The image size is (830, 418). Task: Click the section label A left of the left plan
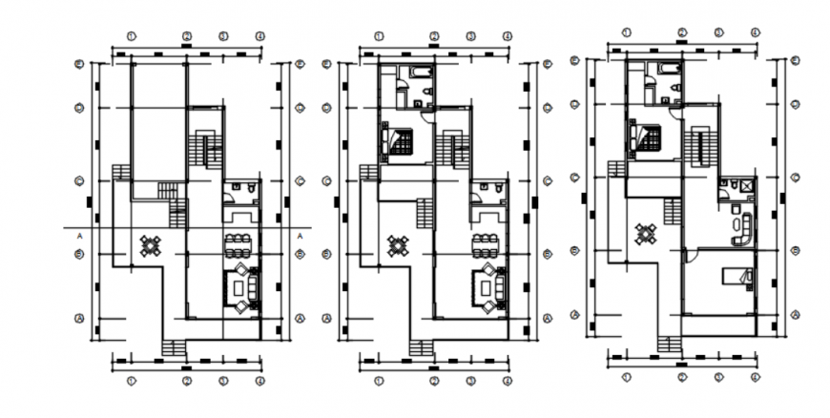click(81, 235)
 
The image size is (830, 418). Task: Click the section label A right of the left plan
click(300, 235)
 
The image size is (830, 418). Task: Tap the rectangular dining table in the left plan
click(239, 244)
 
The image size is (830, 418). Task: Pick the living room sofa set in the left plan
click(240, 288)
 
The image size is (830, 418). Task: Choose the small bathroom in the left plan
click(240, 191)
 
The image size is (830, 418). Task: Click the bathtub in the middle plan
click(421, 73)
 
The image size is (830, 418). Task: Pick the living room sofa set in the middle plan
click(488, 288)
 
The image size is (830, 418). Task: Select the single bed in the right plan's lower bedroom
click(736, 278)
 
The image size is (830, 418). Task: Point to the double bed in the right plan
click(645, 138)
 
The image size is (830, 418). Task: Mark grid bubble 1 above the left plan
click(133, 35)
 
